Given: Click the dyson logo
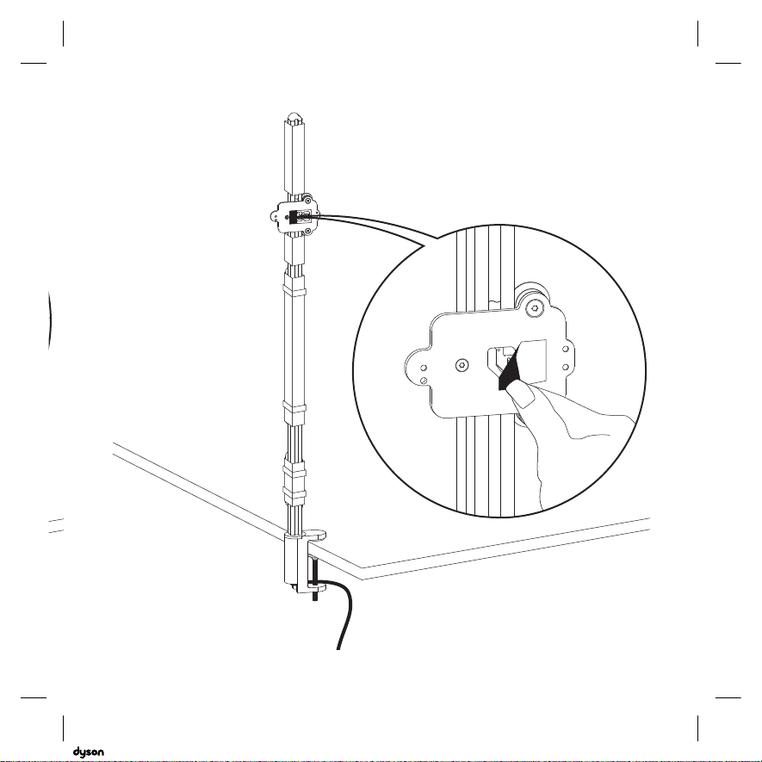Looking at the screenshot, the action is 88,752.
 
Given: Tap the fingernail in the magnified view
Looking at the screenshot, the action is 523,393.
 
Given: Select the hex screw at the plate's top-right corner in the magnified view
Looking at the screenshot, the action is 535,307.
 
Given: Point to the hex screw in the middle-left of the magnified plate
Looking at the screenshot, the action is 462,365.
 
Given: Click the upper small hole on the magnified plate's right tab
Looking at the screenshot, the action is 565,349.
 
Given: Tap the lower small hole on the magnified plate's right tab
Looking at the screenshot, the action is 565,368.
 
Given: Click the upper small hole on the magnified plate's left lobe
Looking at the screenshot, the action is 424,368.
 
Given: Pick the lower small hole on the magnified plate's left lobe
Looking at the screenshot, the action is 424,380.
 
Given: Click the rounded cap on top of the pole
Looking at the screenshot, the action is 294,118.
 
